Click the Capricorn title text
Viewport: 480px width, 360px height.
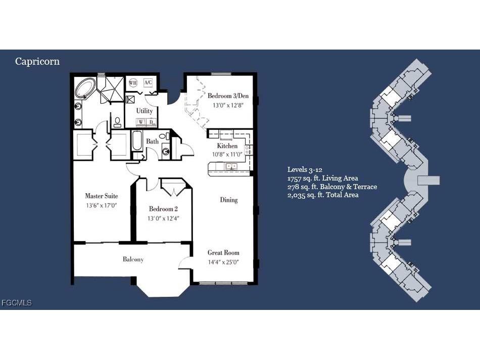pyautogui.click(x=37, y=62)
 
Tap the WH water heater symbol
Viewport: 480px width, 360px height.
pyautogui.click(x=133, y=83)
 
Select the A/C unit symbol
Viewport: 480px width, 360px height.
pyautogui.click(x=148, y=83)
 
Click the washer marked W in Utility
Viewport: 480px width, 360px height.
pyautogui.click(x=140, y=122)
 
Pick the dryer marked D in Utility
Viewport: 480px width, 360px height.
pyautogui.click(x=151, y=122)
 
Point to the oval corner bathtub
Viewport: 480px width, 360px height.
pyautogui.click(x=84, y=89)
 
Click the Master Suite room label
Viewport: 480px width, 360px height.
pyautogui.click(x=101, y=196)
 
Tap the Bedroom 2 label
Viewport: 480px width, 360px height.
pyautogui.click(x=163, y=209)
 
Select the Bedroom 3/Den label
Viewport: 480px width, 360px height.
pyautogui.click(x=228, y=96)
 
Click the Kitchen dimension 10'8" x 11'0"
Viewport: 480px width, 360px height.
pyautogui.click(x=227, y=154)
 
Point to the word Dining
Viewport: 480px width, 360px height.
pyautogui.click(x=228, y=200)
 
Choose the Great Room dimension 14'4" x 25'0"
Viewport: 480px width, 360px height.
pyautogui.click(x=223, y=262)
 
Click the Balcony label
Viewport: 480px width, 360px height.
pyautogui.click(x=133, y=259)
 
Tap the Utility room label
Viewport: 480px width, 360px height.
pyautogui.click(x=145, y=110)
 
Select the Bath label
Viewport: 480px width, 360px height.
pyautogui.click(x=152, y=142)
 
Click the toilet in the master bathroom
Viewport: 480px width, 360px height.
pyautogui.click(x=117, y=122)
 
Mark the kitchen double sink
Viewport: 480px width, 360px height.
pyautogui.click(x=231, y=166)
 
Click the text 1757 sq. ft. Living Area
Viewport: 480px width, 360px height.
pyautogui.click(x=322, y=178)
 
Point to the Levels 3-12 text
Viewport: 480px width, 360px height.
pyautogui.click(x=305, y=169)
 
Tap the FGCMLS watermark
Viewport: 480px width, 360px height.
pyautogui.click(x=17, y=303)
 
